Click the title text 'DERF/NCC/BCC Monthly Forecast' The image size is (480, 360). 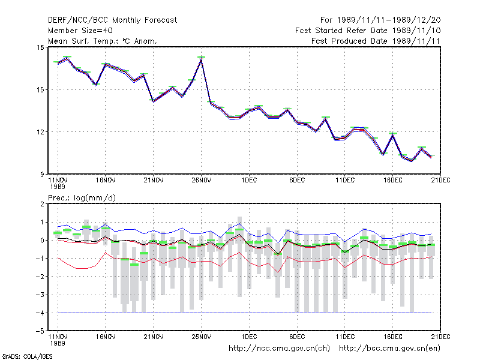[x=112, y=20]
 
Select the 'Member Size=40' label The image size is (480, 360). [x=80, y=31]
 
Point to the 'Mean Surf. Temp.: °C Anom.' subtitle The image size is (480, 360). [x=103, y=41]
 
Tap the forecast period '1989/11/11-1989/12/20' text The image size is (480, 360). [x=389, y=20]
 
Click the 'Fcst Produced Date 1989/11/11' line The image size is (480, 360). [x=376, y=41]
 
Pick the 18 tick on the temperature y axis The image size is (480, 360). [x=40, y=47]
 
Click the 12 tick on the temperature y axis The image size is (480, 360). [x=40, y=132]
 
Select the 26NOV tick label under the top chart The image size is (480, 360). [x=202, y=180]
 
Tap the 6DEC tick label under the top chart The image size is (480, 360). [x=297, y=180]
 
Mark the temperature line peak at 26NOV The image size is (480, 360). [x=201, y=59]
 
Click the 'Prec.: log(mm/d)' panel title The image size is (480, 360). [x=82, y=198]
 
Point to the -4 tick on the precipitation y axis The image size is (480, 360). [x=40, y=313]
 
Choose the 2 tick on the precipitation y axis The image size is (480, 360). [x=42, y=204]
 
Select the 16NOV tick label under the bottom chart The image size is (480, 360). [x=106, y=337]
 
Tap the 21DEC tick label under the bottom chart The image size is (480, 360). [x=440, y=337]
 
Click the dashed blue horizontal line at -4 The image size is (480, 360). [x=245, y=313]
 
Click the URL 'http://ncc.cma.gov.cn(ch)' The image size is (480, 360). [x=279, y=349]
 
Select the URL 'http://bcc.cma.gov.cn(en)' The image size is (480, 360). [x=389, y=349]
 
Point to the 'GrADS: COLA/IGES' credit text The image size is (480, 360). [x=27, y=356]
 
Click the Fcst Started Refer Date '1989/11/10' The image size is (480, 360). [x=416, y=31]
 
